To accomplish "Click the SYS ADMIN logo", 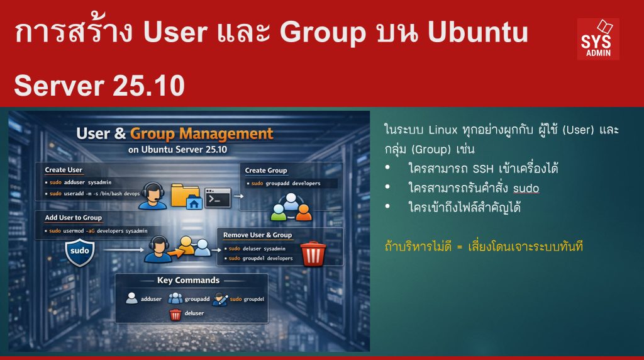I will tap(597, 38).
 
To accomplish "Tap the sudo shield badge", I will tap(79, 251).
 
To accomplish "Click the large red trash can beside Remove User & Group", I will tap(312, 253).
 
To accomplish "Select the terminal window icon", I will tap(218, 198).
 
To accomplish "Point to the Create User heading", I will tap(64, 170).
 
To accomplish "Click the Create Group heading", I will tap(266, 170).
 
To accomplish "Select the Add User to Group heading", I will tap(73, 217).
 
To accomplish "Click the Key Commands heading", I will tap(187, 280).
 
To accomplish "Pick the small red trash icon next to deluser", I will tap(175, 313).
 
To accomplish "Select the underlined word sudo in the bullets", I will tap(526, 188).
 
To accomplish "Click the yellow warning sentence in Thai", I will tap(484, 247).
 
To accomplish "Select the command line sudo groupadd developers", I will tap(286, 183).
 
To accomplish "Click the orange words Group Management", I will tap(201, 133).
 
